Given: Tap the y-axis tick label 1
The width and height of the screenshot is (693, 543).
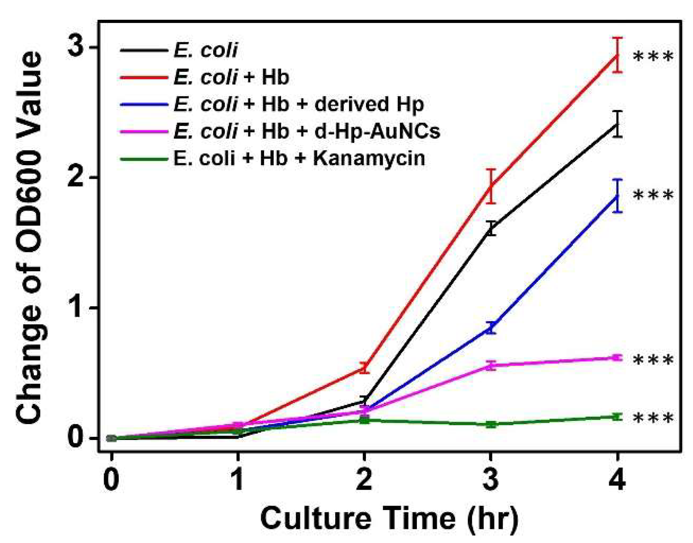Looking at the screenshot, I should coord(78,308).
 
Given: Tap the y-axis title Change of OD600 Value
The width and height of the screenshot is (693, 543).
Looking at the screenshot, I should coord(29,237).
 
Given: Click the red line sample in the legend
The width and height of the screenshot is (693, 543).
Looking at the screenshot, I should coord(143,77).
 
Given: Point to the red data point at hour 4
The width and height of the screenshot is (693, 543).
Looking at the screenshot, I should coord(617,56).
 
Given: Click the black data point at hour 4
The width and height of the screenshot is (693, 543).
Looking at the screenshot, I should coord(617,124).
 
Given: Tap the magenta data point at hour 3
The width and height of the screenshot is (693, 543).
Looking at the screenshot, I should coord(491,366).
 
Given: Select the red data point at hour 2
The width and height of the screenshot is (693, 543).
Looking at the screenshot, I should coord(364,368).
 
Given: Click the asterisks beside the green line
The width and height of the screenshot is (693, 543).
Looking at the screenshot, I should coord(653,418).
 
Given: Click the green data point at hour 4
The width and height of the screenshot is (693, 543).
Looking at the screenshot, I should coord(617,417).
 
